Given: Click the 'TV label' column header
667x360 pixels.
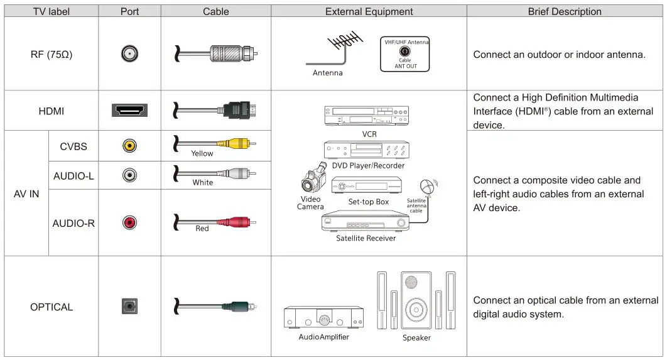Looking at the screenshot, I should (51, 11).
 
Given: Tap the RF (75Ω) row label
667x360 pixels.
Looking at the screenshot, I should (51, 55).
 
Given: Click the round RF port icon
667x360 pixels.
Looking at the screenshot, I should (129, 55).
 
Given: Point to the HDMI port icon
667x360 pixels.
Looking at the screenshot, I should (129, 111).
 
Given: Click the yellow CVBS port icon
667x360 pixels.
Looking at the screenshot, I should (129, 146).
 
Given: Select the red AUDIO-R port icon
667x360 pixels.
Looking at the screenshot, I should (129, 222).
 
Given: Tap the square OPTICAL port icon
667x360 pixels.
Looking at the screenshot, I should (129, 307).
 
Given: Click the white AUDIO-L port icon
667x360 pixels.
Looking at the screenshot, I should (129, 176).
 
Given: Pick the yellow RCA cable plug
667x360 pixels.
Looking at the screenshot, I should (234, 143).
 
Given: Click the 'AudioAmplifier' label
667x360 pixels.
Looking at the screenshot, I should (323, 337).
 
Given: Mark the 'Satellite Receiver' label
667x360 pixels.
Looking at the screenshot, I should (366, 238).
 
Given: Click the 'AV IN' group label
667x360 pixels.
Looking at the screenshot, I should (26, 194).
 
